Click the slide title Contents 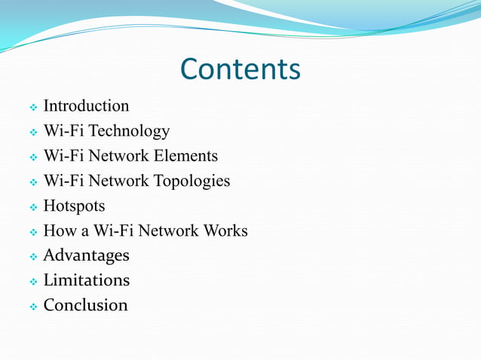point(240,69)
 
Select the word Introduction point(86,106)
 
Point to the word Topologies point(191,181)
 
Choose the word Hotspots point(74,206)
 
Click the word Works point(223,230)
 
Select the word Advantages point(86,255)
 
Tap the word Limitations point(86,280)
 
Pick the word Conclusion point(85,305)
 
